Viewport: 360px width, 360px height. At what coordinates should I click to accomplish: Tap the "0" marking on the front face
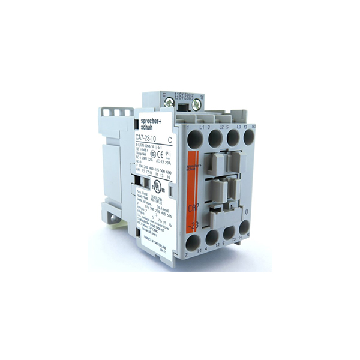coord(247,211)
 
